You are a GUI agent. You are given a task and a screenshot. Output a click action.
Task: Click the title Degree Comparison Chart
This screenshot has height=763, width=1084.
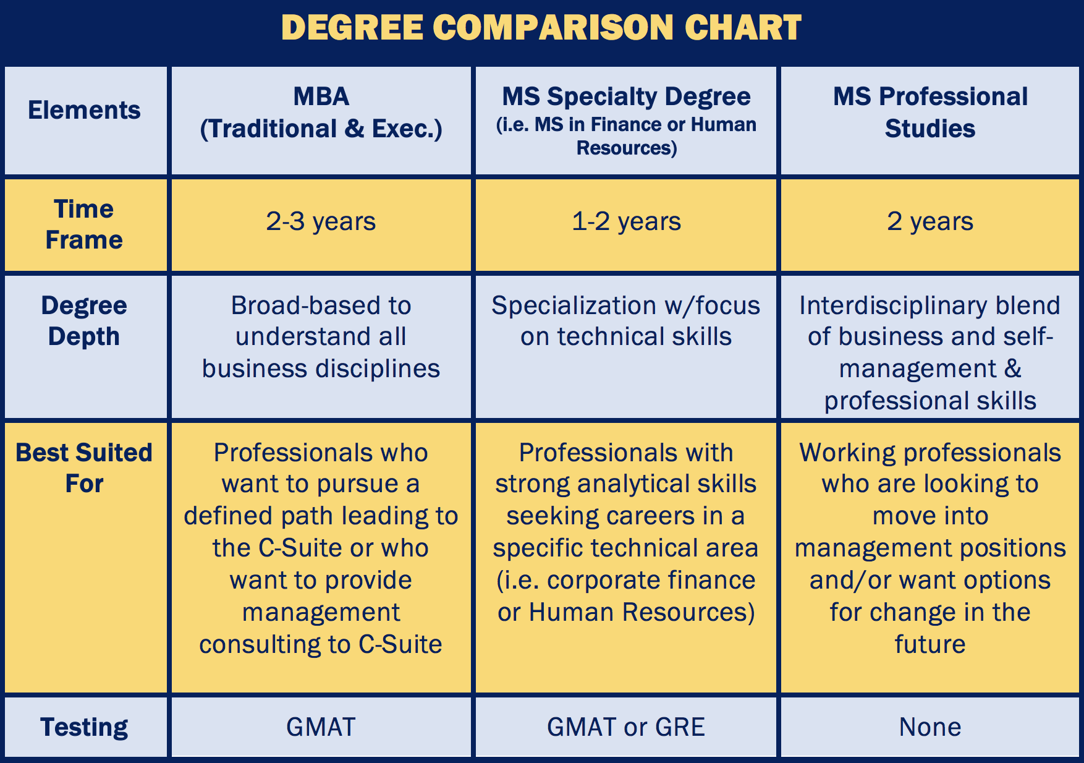[541, 28]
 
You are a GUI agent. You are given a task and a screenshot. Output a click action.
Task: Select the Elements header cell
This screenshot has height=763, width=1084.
[84, 110]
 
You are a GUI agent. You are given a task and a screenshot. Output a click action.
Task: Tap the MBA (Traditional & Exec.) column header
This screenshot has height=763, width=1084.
[321, 113]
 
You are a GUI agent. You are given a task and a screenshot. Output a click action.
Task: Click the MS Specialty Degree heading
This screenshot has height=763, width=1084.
[626, 97]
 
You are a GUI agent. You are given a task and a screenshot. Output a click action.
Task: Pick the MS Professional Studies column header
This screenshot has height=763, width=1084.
[929, 113]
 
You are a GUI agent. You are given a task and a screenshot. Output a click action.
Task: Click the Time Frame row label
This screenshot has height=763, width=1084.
[84, 224]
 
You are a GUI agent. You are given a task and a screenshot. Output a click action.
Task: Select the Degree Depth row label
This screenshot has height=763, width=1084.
[84, 321]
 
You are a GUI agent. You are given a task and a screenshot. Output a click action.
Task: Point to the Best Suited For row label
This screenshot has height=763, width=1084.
[84, 468]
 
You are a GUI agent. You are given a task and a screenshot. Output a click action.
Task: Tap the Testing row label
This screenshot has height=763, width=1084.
[84, 727]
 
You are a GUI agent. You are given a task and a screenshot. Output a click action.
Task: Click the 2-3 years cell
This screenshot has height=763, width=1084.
[321, 221]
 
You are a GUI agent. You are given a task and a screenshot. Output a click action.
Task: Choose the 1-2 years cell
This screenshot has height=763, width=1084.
[626, 221]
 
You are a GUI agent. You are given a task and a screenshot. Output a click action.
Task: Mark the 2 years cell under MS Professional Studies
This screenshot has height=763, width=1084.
[929, 221]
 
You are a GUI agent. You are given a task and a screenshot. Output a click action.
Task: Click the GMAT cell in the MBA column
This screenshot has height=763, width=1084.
[321, 727]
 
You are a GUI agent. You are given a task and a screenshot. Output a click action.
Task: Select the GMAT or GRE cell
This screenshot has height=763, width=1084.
[626, 727]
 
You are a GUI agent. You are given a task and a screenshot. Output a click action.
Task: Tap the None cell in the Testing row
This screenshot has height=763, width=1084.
[929, 727]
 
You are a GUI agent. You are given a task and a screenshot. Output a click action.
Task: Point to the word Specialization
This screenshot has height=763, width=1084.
[574, 305]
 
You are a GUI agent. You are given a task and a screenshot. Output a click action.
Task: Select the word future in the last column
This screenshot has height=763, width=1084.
[929, 644]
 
